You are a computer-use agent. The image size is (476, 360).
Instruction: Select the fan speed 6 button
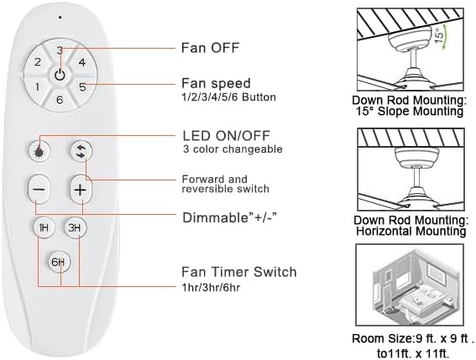[59, 100]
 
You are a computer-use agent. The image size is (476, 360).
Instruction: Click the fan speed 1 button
[37, 86]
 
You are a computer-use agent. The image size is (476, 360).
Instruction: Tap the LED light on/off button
[39, 150]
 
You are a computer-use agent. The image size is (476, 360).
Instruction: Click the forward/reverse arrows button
[81, 150]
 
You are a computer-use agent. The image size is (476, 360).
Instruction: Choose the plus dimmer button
[81, 190]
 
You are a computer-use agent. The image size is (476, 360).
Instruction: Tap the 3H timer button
[76, 227]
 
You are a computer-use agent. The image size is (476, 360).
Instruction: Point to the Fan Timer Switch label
[238, 272]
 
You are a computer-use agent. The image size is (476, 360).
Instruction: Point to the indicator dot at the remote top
[60, 17]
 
